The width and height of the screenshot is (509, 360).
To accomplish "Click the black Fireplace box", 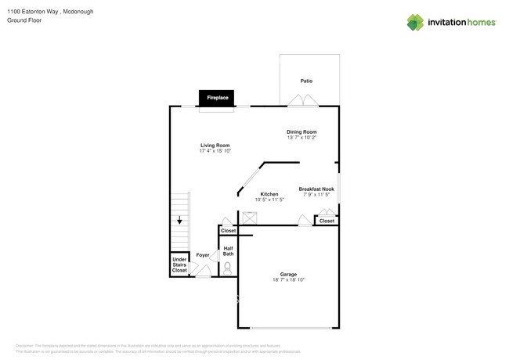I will pos(217,98).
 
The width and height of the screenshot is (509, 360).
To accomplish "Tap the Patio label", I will pos(307,81).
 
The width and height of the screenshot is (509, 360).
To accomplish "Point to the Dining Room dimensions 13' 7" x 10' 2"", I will pos(301,138).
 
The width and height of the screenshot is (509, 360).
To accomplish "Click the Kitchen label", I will pos(269,194).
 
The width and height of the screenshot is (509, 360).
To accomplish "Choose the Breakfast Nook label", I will pos(316,189).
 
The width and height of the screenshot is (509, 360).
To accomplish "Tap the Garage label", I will pos(288,274).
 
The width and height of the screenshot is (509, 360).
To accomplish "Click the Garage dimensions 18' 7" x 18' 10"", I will pos(288,280).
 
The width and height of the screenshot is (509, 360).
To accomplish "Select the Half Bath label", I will pos(228,251).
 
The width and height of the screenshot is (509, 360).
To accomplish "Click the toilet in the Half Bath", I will pos(228,268).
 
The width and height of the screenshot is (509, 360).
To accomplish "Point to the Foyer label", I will pos(203,255).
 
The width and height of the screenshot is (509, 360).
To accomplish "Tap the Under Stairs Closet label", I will pos(180,265).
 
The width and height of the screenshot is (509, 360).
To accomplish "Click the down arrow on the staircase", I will pos(179,220).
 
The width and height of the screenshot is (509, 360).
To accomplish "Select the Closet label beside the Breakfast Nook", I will pos(327,221).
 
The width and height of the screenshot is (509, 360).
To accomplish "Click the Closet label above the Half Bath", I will pos(228,231).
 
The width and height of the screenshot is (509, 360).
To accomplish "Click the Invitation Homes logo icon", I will pos(416,22).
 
